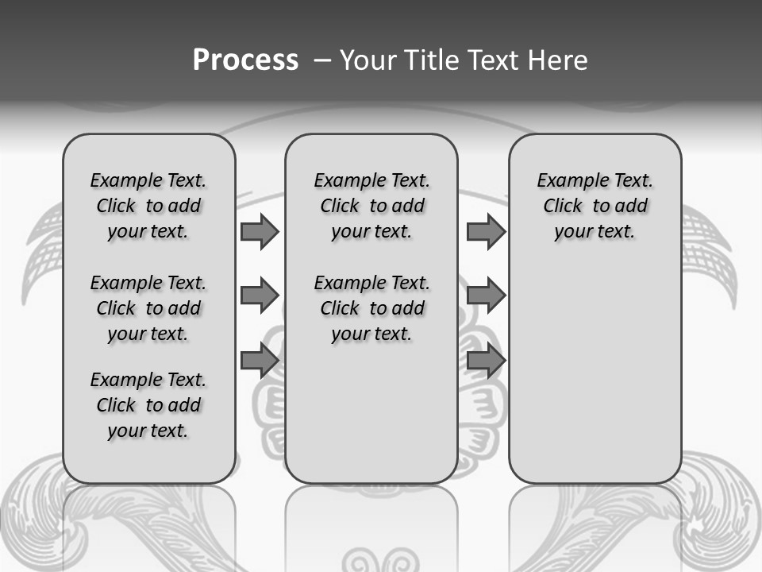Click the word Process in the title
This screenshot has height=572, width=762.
tap(245, 60)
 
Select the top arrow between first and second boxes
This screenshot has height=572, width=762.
tap(260, 232)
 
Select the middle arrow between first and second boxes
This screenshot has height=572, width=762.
tap(260, 296)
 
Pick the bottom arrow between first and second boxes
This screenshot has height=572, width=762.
tap(260, 361)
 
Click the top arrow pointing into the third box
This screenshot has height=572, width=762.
tap(486, 232)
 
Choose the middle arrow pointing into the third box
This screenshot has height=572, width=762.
tap(486, 296)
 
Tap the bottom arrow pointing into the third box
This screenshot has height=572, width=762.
tap(486, 361)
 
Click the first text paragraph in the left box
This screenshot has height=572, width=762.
tap(148, 206)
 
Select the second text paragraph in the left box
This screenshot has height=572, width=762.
tap(148, 308)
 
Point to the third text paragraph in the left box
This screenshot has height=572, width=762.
tap(148, 405)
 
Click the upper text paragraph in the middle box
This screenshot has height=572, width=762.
tap(371, 206)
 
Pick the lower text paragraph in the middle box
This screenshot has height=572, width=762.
tap(371, 308)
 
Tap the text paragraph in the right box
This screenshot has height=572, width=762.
tap(595, 206)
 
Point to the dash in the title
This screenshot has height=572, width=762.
tap(321, 60)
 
